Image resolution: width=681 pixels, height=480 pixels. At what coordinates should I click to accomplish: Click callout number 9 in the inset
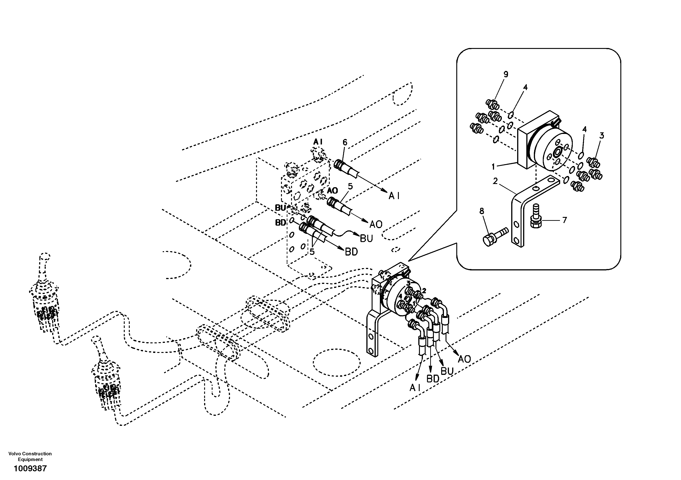pos(506,74)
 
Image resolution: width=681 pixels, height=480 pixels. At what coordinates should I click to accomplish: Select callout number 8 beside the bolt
pos(482,211)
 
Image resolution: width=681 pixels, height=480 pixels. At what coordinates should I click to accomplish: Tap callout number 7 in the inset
pos(565,220)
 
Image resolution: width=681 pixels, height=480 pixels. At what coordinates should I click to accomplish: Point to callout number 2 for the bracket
pos(495,181)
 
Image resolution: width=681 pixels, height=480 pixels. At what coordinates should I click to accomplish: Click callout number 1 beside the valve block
pos(494,167)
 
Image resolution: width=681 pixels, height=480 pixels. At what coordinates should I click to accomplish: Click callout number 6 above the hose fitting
pos(345,143)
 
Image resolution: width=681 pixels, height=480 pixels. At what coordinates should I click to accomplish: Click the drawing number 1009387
pos(30,468)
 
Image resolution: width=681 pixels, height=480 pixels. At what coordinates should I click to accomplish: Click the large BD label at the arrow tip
pos(351,252)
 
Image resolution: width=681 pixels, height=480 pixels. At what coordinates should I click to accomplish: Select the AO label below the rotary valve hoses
pos(464,359)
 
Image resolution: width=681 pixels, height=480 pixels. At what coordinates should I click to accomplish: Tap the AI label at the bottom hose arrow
pos(415,388)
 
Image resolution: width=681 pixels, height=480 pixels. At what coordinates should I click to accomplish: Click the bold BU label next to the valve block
pos(280,208)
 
